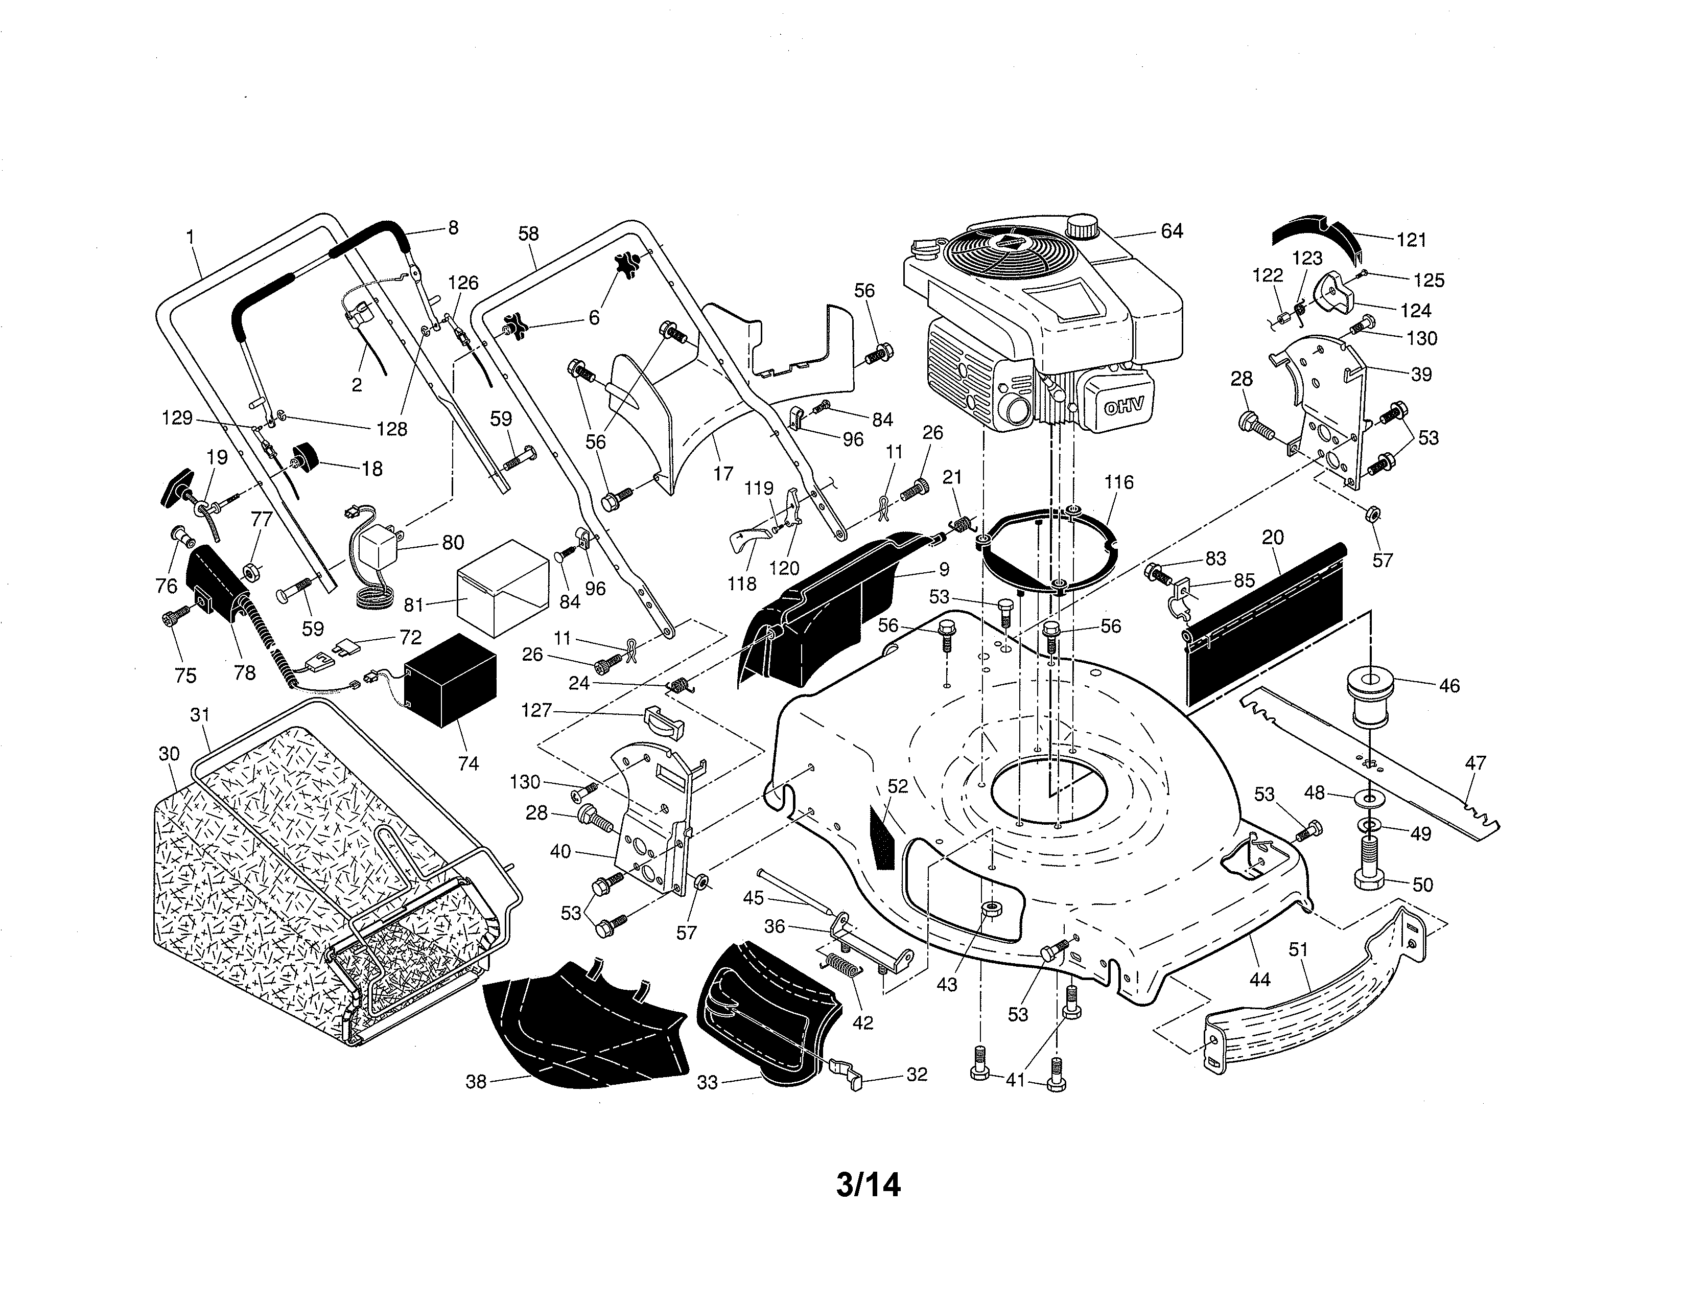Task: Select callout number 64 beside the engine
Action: pyautogui.click(x=1171, y=231)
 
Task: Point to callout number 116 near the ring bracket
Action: pyautogui.click(x=1118, y=482)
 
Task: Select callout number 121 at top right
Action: pyautogui.click(x=1411, y=240)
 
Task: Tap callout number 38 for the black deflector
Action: pyautogui.click(x=476, y=1081)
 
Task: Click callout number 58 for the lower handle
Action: pyautogui.click(x=528, y=233)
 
